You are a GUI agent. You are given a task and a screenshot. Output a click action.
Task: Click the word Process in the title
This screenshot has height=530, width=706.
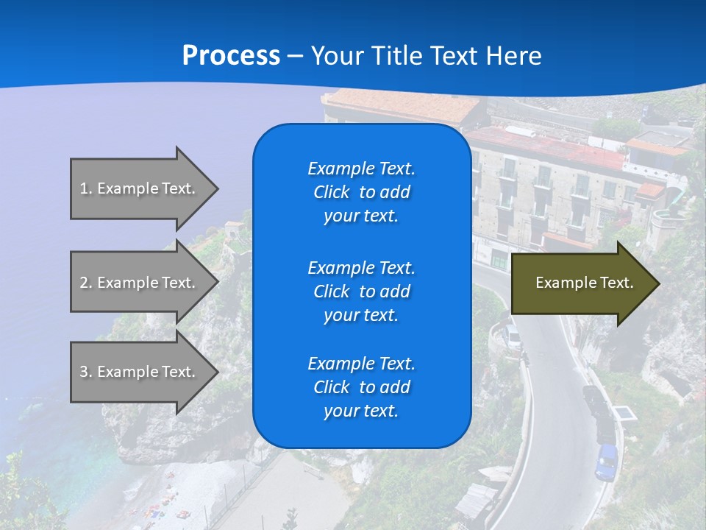pos(231,56)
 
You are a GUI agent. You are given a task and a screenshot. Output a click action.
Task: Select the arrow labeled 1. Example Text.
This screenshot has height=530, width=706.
pos(140,188)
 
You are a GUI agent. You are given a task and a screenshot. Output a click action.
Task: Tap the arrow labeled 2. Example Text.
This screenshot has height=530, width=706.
pos(140,283)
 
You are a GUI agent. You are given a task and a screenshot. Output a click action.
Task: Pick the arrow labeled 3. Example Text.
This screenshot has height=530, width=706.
pos(140,372)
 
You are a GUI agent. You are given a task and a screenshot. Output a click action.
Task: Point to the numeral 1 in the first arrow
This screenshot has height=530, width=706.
pos(84,188)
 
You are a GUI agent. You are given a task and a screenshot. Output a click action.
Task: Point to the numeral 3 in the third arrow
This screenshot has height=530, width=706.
pos(84,372)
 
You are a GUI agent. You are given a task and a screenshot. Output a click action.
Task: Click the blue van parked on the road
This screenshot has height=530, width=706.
pos(607,462)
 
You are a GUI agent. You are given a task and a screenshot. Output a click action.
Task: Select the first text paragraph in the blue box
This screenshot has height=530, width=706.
pos(361,192)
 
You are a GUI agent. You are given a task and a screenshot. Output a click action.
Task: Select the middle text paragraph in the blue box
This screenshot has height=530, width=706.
pos(361,291)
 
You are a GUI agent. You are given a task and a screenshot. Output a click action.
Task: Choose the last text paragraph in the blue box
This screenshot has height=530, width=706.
pos(361,387)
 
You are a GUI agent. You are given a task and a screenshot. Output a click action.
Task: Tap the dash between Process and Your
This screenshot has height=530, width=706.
pos(295,56)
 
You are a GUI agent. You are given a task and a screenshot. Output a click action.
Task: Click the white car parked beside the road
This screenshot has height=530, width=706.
pos(513,337)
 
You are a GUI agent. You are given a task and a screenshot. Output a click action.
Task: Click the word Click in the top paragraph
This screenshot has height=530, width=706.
pos(332,192)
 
